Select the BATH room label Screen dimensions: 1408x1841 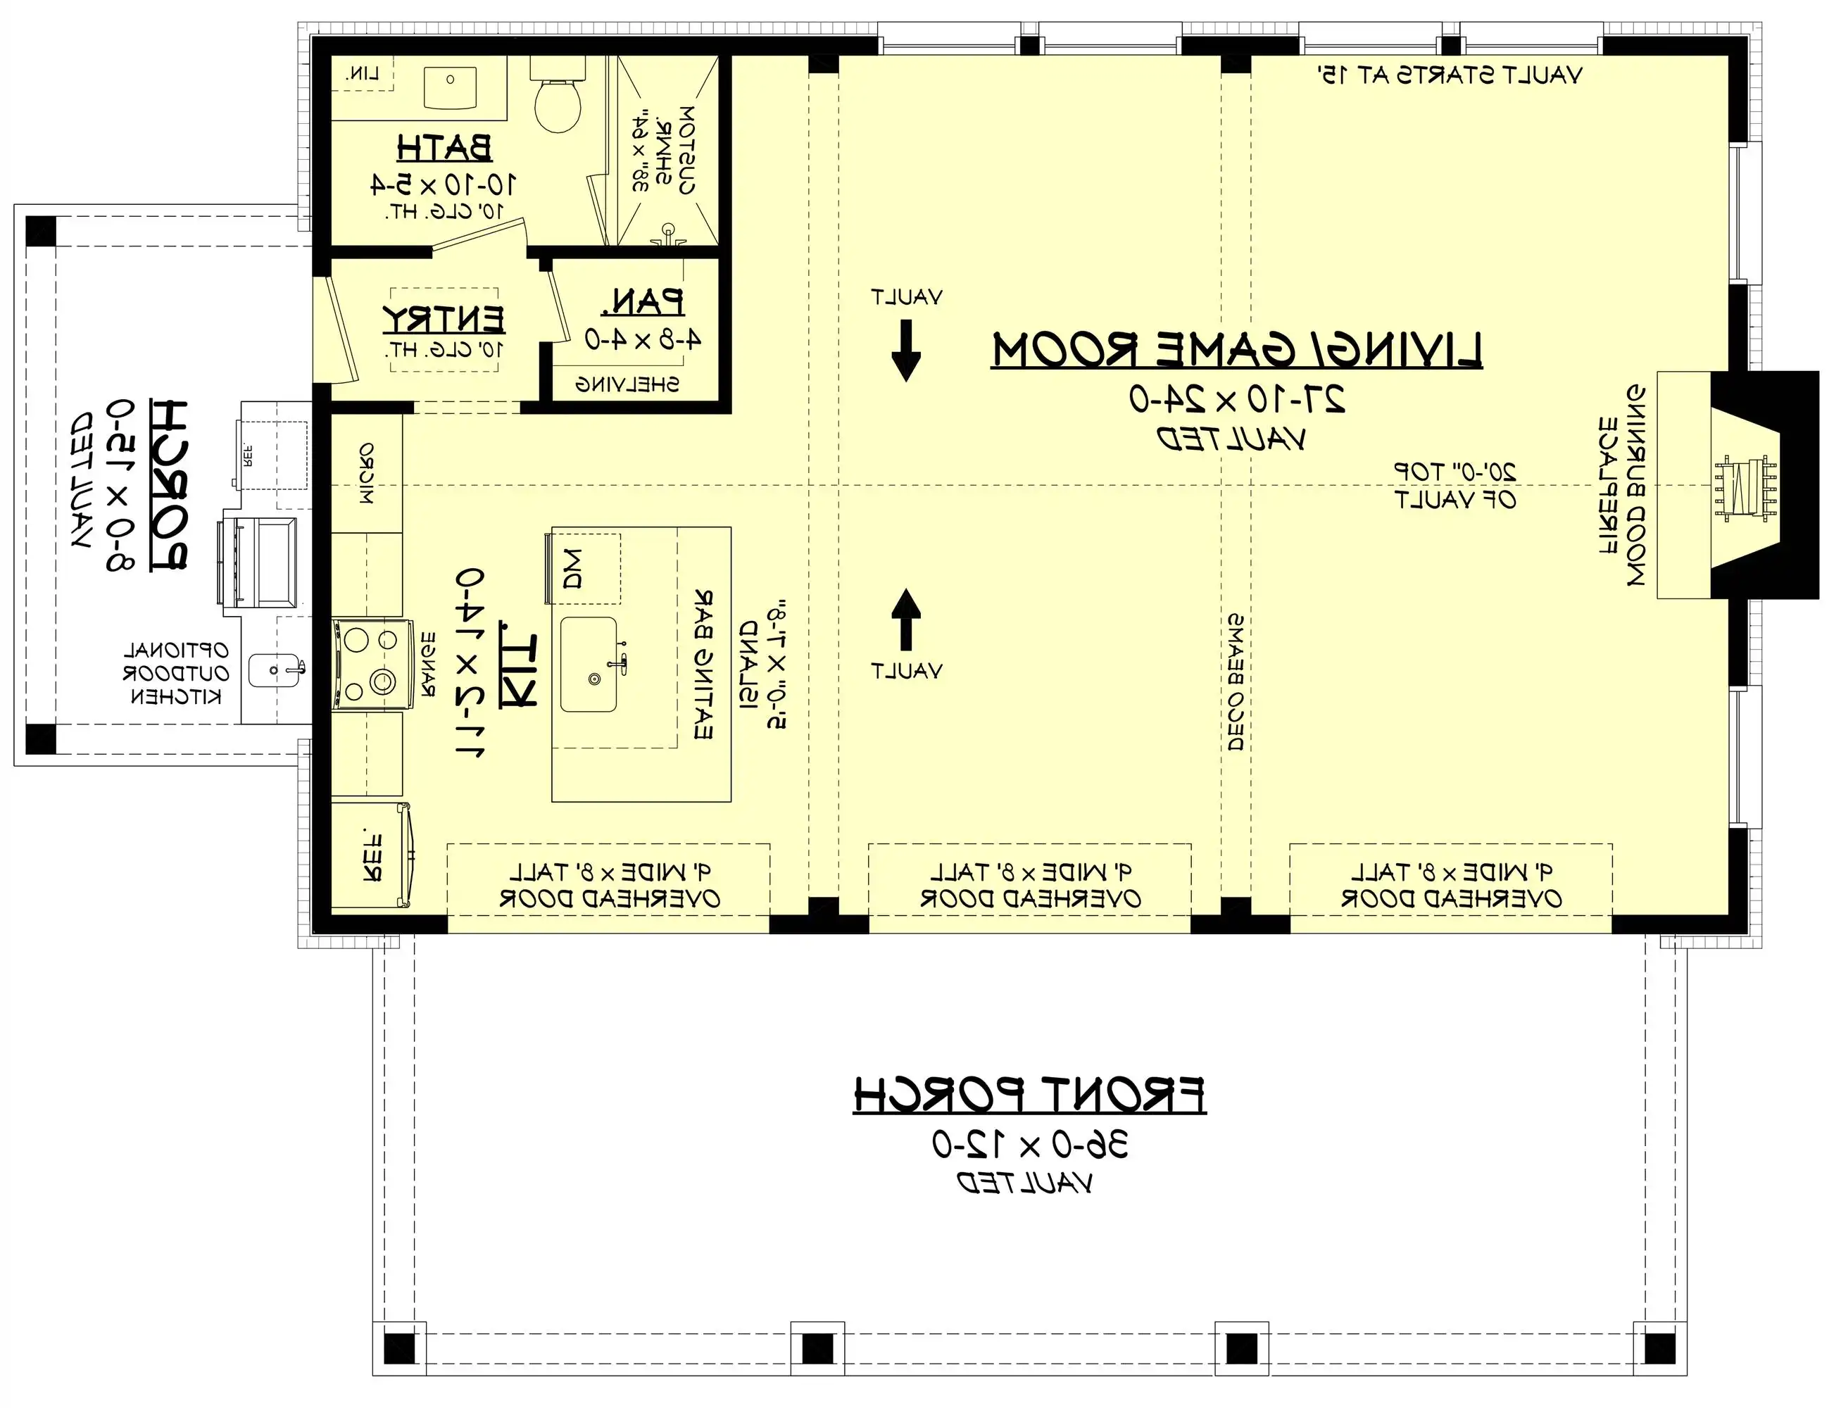click(444, 149)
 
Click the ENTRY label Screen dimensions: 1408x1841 click(444, 320)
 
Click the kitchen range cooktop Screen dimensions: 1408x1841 click(372, 664)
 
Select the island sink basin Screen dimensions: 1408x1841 click(589, 665)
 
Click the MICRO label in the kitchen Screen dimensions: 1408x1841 click(366, 474)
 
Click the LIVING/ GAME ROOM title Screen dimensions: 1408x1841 click(1237, 351)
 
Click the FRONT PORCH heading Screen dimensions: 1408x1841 click(1029, 1095)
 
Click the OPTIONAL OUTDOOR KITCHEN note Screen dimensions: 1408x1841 click(176, 673)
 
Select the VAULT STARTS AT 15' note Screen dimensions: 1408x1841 click(1450, 75)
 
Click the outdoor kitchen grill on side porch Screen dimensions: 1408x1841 click(257, 562)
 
